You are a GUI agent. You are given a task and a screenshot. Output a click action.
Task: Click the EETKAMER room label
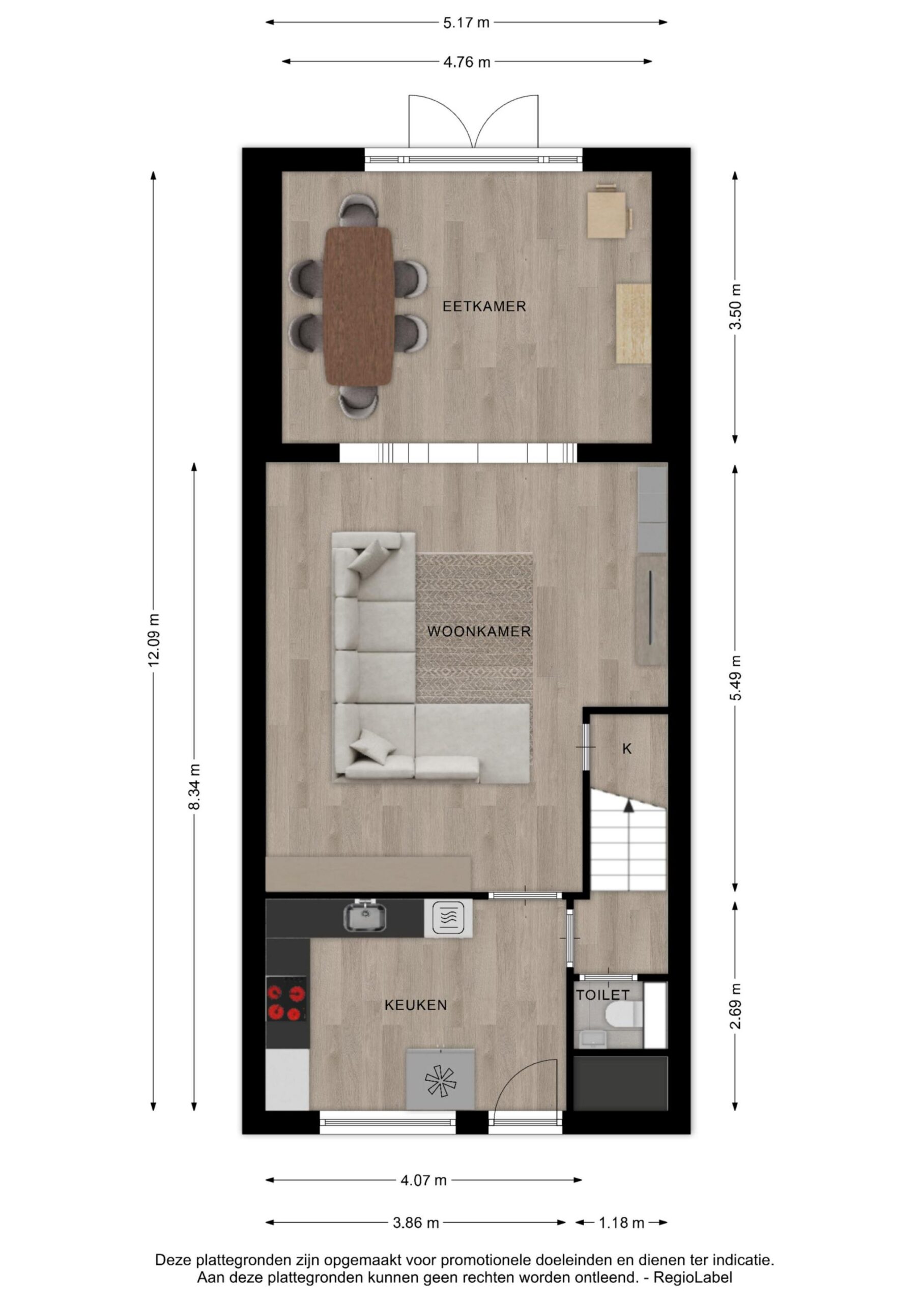click(x=484, y=306)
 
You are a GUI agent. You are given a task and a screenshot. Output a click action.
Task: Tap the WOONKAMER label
click(x=479, y=632)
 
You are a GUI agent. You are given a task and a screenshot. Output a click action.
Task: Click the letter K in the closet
click(x=627, y=749)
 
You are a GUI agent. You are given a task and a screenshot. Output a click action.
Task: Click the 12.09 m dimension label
click(x=153, y=640)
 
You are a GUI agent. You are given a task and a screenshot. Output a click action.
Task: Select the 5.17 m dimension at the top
click(x=466, y=23)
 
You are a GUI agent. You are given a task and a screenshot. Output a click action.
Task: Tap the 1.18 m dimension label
click(x=621, y=1223)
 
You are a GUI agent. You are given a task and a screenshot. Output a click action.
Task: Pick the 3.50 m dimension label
click(x=735, y=306)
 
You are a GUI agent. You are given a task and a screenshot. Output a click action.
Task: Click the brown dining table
click(x=358, y=306)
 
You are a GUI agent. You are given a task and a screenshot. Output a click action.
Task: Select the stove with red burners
click(x=286, y=1003)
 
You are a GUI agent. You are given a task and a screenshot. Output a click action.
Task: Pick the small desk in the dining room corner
click(x=607, y=213)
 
